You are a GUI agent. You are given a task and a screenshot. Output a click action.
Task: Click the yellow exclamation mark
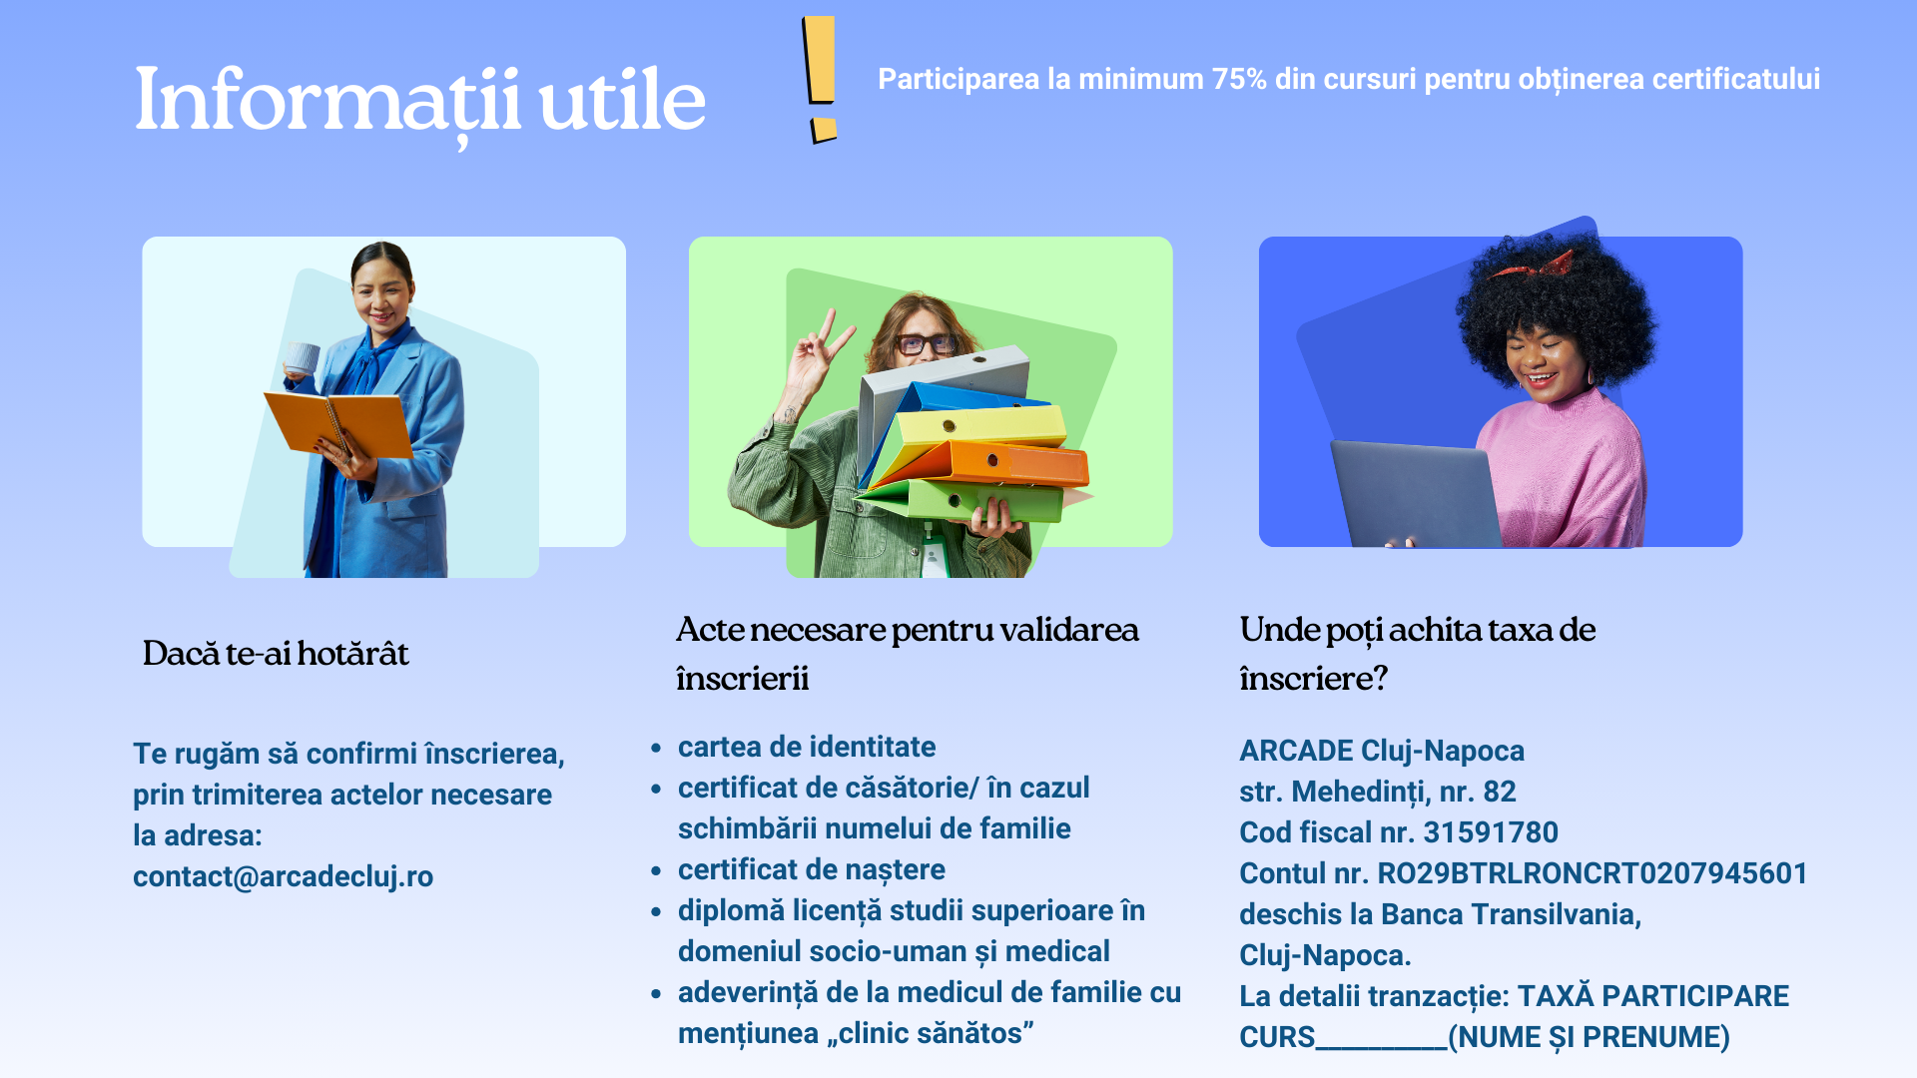(x=821, y=80)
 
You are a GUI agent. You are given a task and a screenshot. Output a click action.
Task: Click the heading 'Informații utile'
(x=420, y=101)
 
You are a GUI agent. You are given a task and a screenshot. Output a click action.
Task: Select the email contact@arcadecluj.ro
(x=283, y=876)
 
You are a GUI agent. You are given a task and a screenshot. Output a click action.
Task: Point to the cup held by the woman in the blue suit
(x=302, y=357)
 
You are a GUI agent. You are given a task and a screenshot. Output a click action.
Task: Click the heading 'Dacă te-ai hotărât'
(x=276, y=653)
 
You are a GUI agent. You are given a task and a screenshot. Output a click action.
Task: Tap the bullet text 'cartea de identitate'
(x=807, y=747)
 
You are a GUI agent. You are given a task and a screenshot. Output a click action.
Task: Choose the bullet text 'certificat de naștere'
(x=812, y=869)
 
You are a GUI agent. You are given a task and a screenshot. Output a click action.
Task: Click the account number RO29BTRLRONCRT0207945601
(x=1593, y=873)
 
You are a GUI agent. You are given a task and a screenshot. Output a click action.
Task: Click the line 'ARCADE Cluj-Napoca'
(x=1382, y=751)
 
